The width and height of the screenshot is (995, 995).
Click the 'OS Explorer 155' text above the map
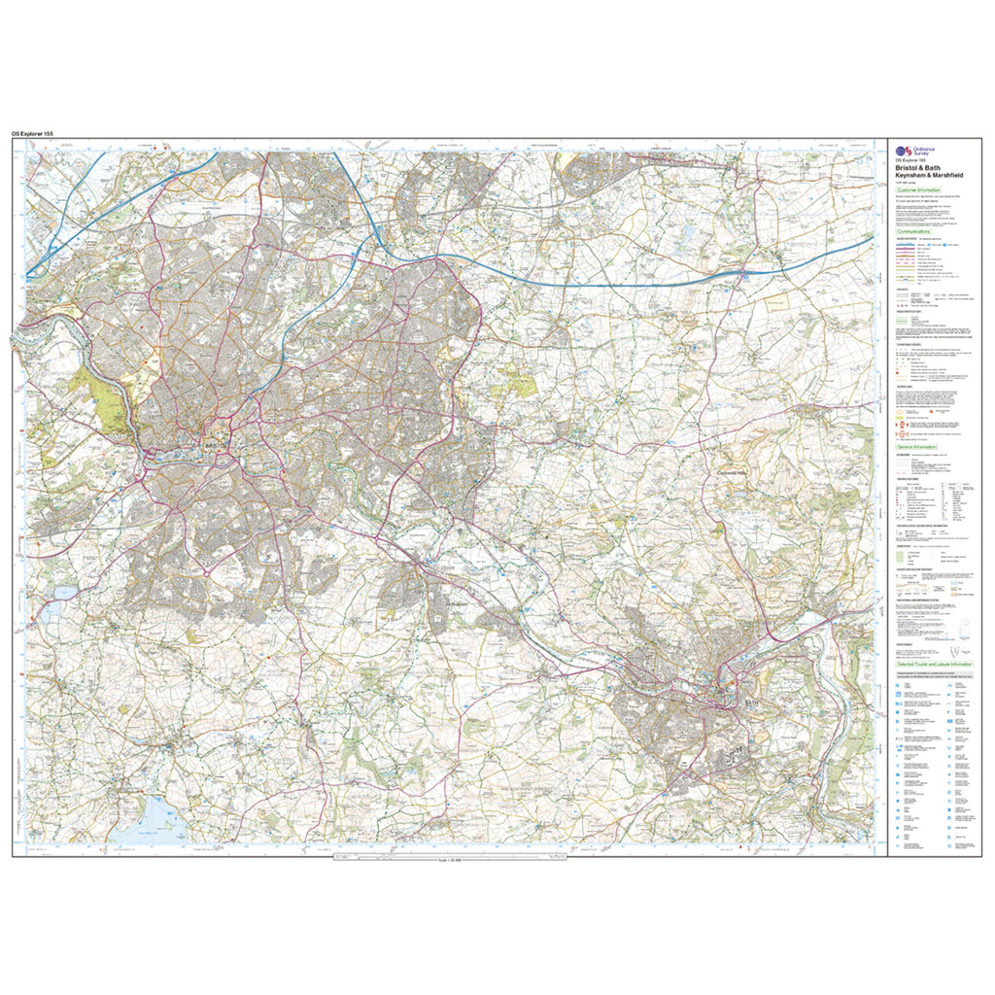tap(39, 132)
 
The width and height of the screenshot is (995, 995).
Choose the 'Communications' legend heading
tap(912, 232)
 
